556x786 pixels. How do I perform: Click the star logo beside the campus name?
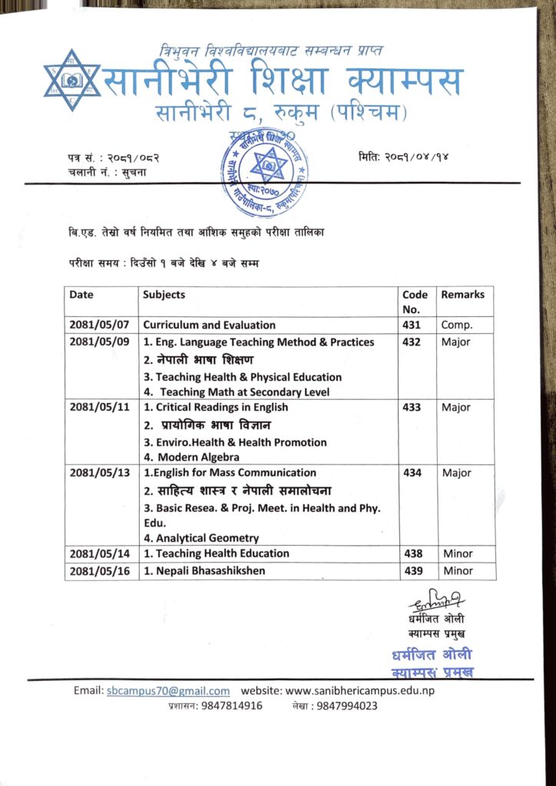coord(71,81)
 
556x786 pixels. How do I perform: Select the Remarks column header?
coord(463,295)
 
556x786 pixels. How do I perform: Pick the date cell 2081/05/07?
coord(99,325)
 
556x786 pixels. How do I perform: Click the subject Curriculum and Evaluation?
coord(209,325)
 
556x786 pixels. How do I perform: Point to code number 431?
coord(412,325)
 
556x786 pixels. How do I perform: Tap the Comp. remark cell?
coord(456,325)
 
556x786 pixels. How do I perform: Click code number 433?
coord(412,408)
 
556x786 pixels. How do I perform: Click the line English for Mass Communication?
coord(230,473)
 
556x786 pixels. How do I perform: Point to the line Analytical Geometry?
coord(201,538)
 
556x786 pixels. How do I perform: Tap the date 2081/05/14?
coord(99,553)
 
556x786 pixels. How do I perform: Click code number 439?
coord(412,571)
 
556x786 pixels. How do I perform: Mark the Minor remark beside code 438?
coord(458,553)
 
